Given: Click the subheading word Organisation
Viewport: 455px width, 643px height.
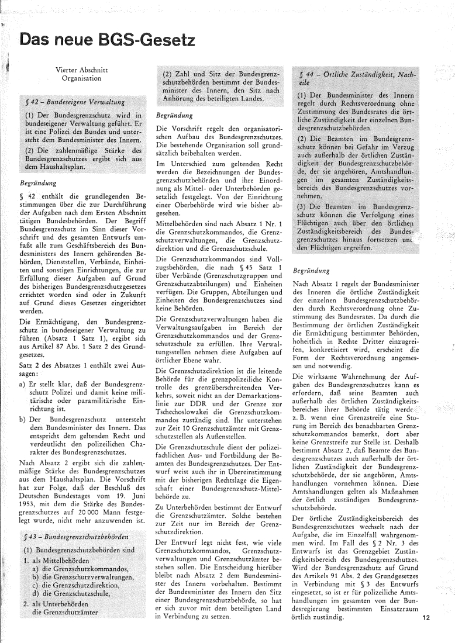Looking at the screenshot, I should [81, 78].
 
